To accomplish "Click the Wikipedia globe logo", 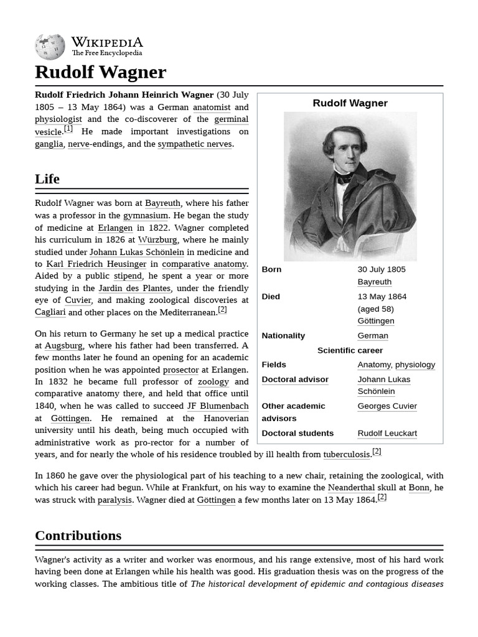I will [x=50, y=47].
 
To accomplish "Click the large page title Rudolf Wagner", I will [x=100, y=72].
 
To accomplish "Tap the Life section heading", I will [x=47, y=179].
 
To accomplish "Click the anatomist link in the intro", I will [x=211, y=107].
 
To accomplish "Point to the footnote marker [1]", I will [x=68, y=129].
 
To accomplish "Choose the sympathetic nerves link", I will [x=195, y=144].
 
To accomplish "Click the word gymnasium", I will [x=146, y=215].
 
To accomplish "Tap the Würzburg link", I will [x=157, y=239].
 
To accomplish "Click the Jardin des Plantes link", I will [x=134, y=288].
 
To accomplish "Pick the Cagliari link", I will [x=50, y=312].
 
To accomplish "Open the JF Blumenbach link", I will [x=218, y=406].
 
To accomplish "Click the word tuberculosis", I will [x=346, y=455].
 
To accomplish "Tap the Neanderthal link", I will [x=351, y=488].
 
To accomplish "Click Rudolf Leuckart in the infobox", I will [x=387, y=433].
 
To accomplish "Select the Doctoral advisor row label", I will [x=295, y=379].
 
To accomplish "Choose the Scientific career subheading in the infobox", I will [x=350, y=350].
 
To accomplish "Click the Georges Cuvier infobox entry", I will [x=387, y=406].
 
